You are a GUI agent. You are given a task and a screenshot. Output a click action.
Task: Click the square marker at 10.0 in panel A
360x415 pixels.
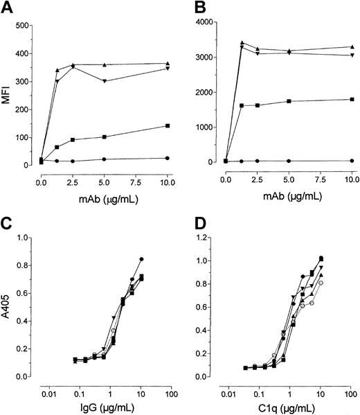167,126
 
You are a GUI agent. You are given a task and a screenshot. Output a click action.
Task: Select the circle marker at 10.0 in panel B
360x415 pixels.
352,161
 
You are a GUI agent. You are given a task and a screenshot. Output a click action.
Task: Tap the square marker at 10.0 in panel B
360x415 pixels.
352,99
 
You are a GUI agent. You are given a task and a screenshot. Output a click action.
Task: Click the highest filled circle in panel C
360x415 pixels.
141,259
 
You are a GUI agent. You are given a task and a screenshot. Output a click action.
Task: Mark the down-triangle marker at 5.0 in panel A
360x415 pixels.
104,81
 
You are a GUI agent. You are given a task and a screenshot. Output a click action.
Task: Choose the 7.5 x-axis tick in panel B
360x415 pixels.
321,179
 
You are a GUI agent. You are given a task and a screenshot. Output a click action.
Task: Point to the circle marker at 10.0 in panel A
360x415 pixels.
167,158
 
